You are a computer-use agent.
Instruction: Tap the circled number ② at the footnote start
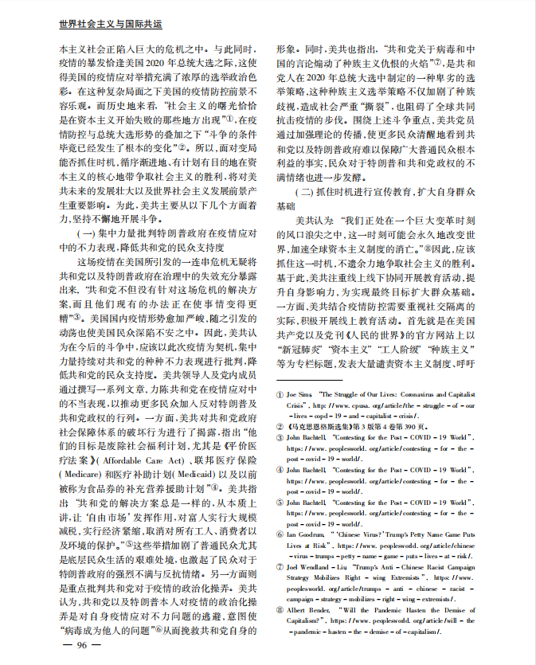pyautogui.click(x=279, y=426)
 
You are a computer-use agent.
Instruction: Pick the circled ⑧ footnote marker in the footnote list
pyautogui.click(x=279, y=609)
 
